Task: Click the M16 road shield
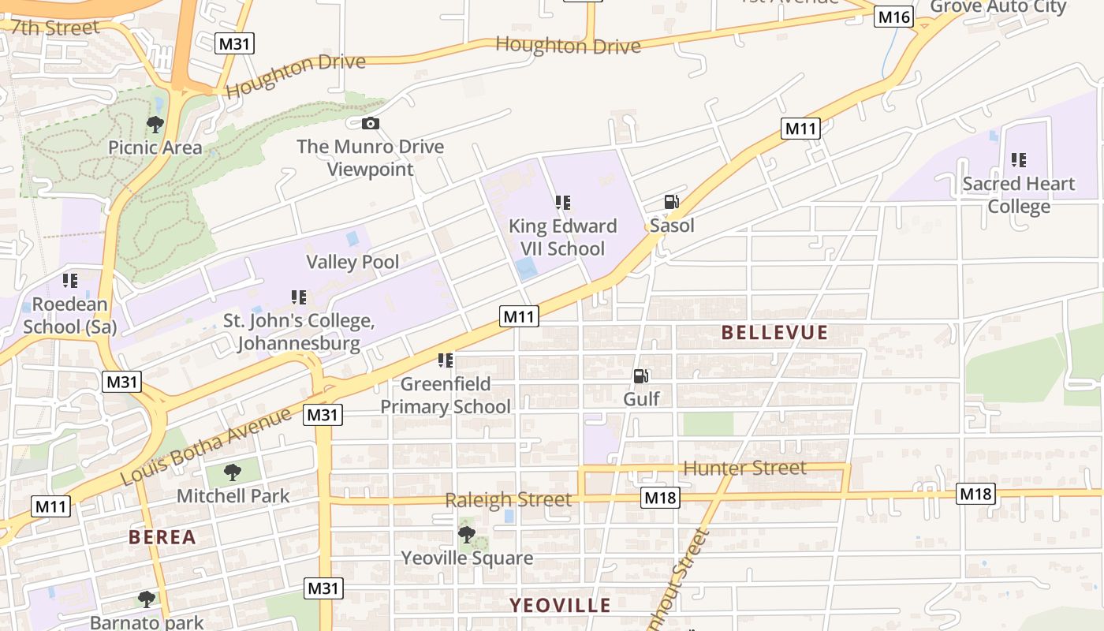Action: click(893, 17)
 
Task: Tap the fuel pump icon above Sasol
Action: click(671, 202)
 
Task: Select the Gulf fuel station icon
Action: click(641, 376)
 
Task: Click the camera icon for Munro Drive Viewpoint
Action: click(370, 123)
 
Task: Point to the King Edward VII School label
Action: click(562, 237)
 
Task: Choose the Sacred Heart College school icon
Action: click(1019, 160)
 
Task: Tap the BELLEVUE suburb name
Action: click(774, 333)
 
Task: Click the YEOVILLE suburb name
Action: click(560, 605)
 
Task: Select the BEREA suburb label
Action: click(162, 537)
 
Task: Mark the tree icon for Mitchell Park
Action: click(232, 472)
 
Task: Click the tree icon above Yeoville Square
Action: click(467, 534)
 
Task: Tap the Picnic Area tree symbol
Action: click(155, 124)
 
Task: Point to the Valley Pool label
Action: click(352, 262)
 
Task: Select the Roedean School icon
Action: click(70, 280)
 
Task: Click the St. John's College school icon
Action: click(299, 297)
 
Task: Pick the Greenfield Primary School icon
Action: click(446, 360)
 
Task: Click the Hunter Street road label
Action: click(744, 468)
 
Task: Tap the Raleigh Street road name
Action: click(508, 499)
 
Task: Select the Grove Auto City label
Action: click(998, 7)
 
